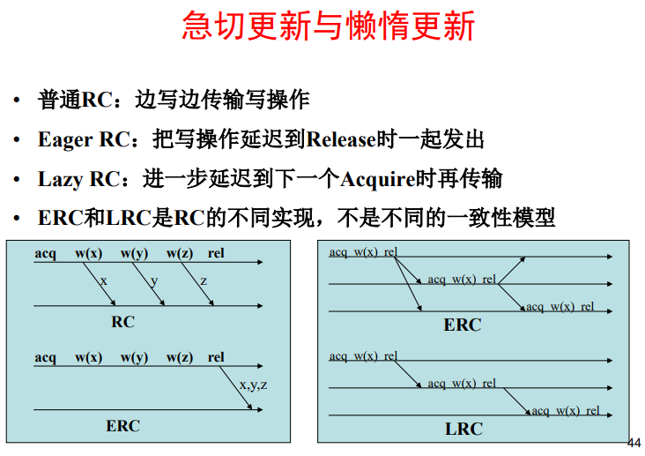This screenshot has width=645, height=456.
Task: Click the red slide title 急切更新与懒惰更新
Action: point(329,26)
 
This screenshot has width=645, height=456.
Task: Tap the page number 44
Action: point(634,443)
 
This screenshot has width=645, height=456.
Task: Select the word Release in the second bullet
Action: point(341,139)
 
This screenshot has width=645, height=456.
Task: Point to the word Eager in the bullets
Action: point(65,140)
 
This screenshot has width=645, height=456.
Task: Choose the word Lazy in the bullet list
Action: point(61,180)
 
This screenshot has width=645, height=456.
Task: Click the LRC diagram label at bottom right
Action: point(463,430)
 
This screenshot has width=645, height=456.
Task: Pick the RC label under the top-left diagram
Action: point(122,322)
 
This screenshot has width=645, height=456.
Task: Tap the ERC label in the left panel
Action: point(122,426)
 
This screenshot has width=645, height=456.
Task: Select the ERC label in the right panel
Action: point(463,325)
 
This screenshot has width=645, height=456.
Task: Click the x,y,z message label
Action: point(253,385)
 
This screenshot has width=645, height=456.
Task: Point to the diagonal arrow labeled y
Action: point(149,284)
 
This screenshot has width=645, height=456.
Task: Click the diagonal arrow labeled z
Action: point(197,284)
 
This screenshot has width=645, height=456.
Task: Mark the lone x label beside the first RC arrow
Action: point(103,281)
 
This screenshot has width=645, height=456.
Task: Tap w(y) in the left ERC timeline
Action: point(134,357)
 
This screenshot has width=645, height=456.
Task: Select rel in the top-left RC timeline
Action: point(216,253)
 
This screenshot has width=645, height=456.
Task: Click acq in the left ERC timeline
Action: point(45,357)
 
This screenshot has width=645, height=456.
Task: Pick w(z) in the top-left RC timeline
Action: point(180,254)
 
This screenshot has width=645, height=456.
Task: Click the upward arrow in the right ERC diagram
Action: point(511,271)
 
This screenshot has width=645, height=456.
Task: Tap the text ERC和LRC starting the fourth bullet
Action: point(94,218)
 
